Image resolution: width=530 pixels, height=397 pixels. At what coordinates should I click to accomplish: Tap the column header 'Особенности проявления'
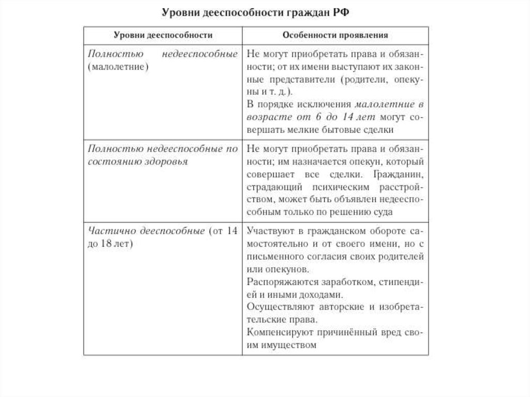pyautogui.click(x=335, y=35)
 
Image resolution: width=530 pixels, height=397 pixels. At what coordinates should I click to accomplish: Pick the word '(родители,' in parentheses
pyautogui.click(x=365, y=79)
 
